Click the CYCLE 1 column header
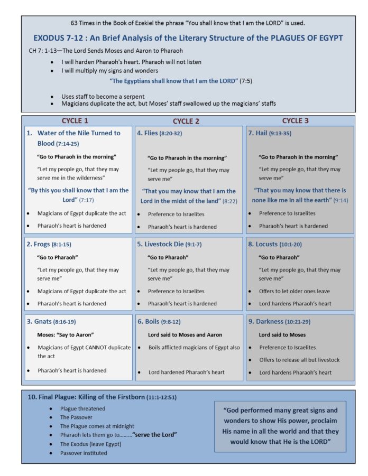point(75,120)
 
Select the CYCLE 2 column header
point(186,121)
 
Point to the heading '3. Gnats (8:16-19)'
point(51,322)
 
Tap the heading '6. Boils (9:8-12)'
point(160,322)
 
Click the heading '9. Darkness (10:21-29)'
point(282,322)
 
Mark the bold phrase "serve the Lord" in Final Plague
point(154,435)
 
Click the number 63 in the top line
point(75,23)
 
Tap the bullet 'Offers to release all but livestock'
point(299,360)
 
